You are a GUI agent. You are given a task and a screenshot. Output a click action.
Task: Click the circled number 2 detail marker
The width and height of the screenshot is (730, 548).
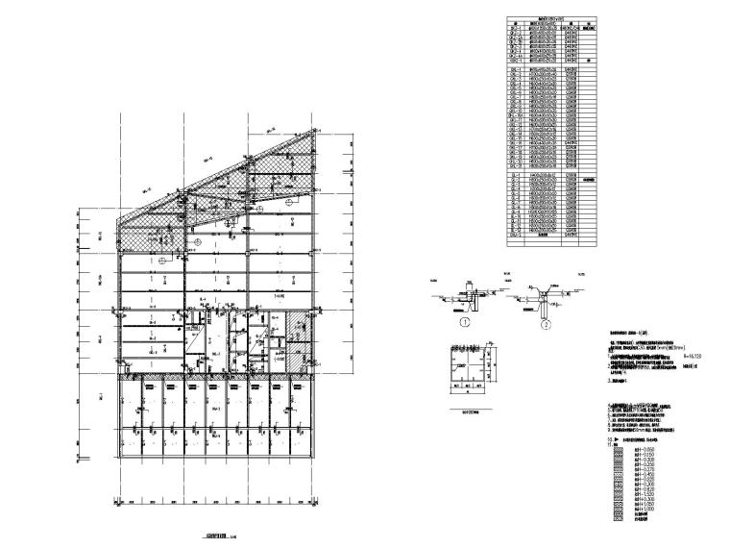(544, 323)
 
